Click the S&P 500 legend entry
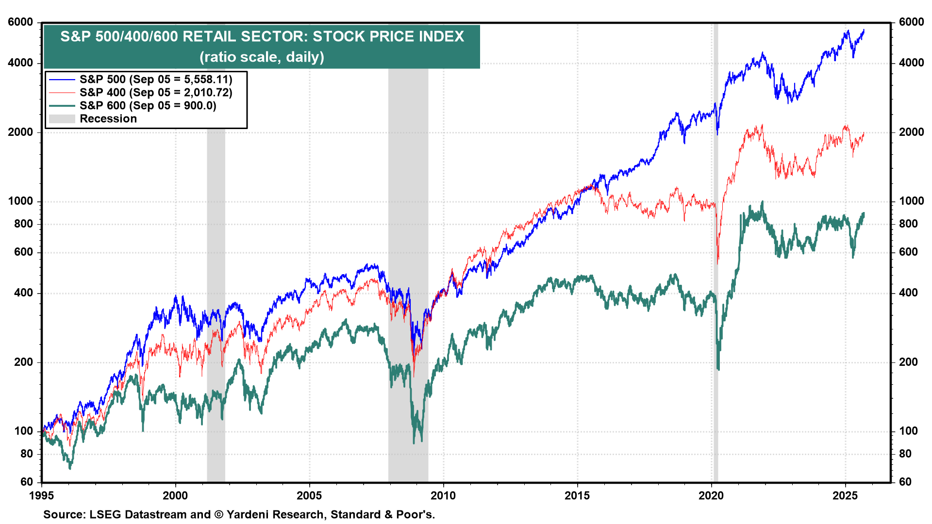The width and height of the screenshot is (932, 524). click(x=155, y=79)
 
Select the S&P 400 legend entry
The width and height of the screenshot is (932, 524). click(x=155, y=92)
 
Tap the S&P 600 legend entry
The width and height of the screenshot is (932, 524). click(x=148, y=105)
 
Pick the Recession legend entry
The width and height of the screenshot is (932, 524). click(x=108, y=119)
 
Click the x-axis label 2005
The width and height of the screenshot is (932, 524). click(x=309, y=495)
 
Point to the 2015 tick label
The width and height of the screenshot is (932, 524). click(x=577, y=495)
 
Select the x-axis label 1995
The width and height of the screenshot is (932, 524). click(x=41, y=495)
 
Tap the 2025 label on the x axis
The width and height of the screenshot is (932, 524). click(x=845, y=495)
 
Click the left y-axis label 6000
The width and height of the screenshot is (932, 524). click(x=20, y=22)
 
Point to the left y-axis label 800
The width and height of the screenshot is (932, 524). click(x=23, y=224)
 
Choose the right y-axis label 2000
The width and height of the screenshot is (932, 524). click(x=911, y=132)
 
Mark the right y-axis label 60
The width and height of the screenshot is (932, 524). click(x=905, y=482)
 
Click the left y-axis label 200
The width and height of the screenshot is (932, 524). click(x=23, y=362)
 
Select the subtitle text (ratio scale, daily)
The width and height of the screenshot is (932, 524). click(x=262, y=57)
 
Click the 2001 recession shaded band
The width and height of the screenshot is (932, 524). click(x=216, y=291)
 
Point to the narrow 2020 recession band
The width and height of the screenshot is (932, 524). click(x=716, y=291)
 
